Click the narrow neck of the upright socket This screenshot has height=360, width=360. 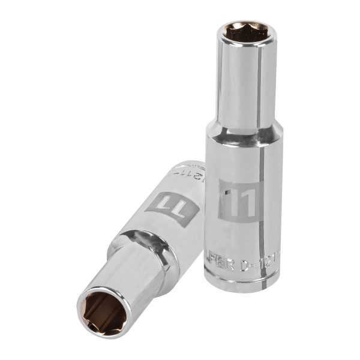click(243, 84)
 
